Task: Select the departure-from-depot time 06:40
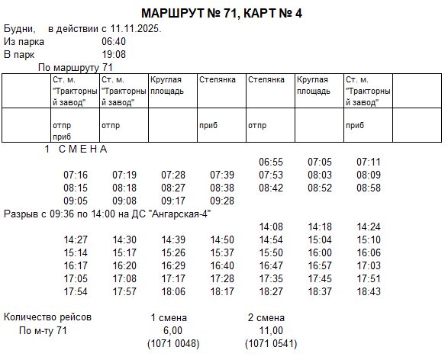(114, 42)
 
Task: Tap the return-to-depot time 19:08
(114, 55)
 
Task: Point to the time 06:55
(271, 162)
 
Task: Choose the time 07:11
(368, 162)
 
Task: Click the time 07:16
(76, 175)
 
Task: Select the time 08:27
(173, 188)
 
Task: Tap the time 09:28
(222, 201)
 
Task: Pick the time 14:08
(271, 227)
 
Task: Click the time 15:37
(222, 253)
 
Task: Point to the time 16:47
(271, 266)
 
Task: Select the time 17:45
(320, 279)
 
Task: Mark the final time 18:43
(368, 292)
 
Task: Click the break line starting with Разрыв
(108, 214)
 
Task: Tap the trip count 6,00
(173, 330)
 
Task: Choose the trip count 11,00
(271, 330)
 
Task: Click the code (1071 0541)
(271, 343)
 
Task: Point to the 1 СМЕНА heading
(76, 149)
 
